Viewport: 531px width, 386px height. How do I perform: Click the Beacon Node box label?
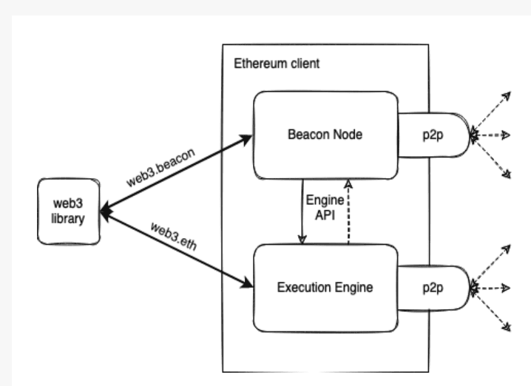(x=322, y=135)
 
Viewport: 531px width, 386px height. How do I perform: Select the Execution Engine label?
(x=322, y=286)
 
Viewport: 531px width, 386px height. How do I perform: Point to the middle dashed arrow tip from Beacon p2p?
(x=508, y=135)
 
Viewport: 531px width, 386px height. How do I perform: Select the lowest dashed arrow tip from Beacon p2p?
(x=508, y=175)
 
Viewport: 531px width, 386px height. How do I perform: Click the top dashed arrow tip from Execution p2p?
(x=508, y=245)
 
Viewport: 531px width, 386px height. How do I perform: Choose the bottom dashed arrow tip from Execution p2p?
(x=508, y=326)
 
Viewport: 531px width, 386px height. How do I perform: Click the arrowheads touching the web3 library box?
(x=104, y=212)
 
